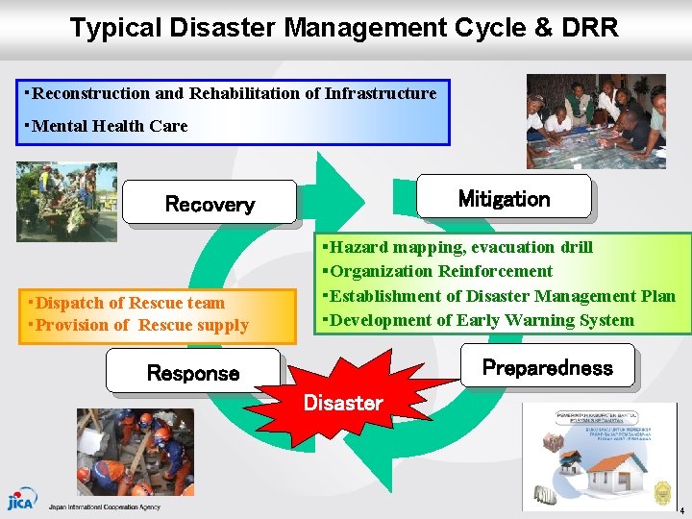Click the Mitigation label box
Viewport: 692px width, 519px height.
point(504,198)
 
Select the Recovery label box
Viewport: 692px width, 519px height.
point(210,204)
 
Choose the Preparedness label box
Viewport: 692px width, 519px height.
point(547,367)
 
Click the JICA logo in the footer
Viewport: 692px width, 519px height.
point(20,502)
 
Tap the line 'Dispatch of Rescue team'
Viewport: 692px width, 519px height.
point(128,303)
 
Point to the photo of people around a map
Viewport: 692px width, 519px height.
point(595,122)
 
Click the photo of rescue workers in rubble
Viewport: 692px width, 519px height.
point(135,451)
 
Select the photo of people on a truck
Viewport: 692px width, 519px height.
point(66,201)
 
